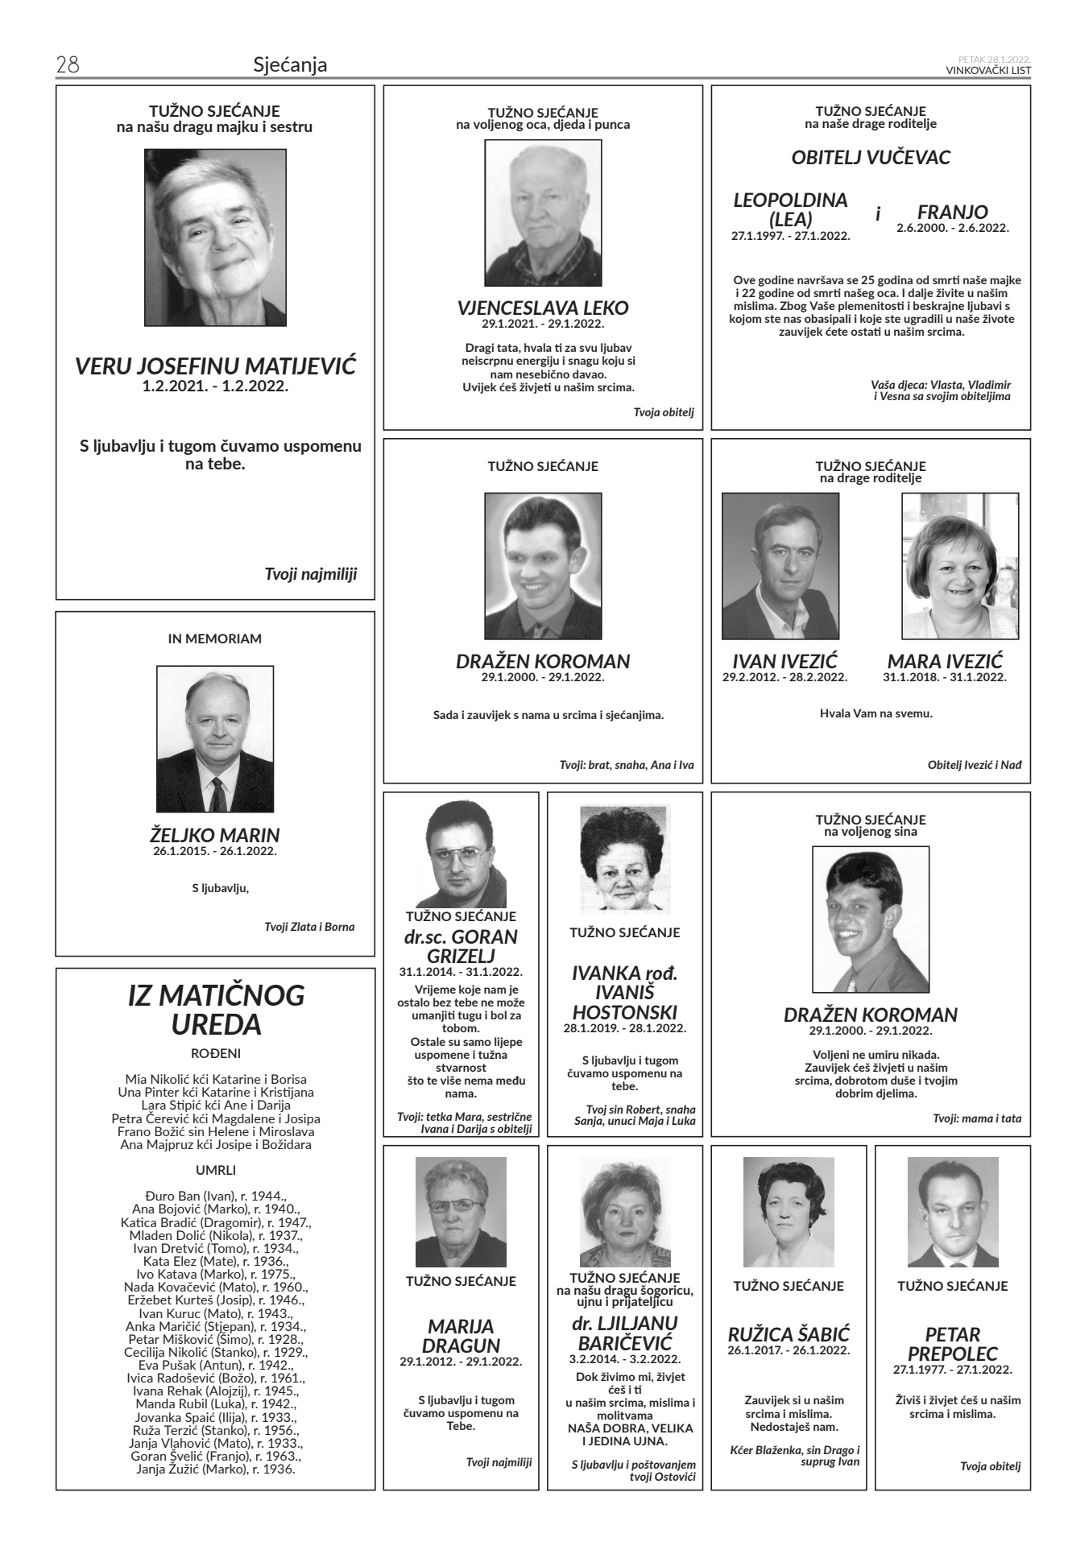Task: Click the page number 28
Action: click(x=68, y=65)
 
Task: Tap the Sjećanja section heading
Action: click(x=290, y=64)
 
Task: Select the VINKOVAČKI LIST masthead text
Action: click(x=988, y=70)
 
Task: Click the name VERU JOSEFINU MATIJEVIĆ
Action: click(x=215, y=367)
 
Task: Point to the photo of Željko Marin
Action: click(x=215, y=738)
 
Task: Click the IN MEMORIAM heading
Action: click(x=215, y=639)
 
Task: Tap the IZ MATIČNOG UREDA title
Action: click(x=216, y=1010)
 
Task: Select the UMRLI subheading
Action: click(x=216, y=1170)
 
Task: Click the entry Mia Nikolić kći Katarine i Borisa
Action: click(x=216, y=1079)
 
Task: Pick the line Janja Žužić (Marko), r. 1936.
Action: click(x=216, y=1469)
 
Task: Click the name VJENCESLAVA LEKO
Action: click(x=543, y=308)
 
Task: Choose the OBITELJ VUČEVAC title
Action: click(x=871, y=157)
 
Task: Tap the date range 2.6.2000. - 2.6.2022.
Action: click(x=953, y=228)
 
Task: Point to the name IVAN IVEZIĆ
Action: click(x=784, y=662)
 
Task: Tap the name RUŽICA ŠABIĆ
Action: click(x=789, y=1334)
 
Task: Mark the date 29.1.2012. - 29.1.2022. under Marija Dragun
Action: click(x=461, y=1362)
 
